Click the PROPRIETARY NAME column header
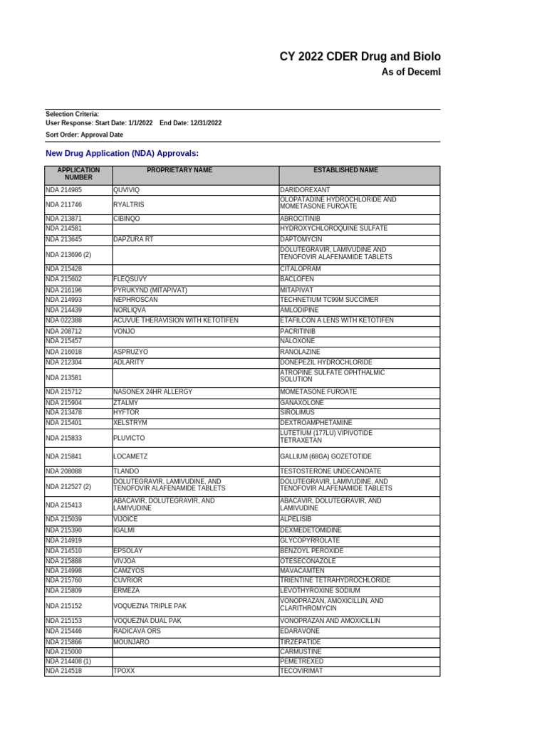(x=179, y=171)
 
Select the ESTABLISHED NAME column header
(x=346, y=171)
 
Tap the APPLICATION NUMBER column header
(x=78, y=174)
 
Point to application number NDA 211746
(x=64, y=204)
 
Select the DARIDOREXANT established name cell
(x=305, y=190)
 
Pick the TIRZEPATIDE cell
(x=301, y=642)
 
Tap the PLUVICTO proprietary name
(x=130, y=439)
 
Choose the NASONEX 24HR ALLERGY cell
(x=152, y=392)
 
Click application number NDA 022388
(x=64, y=321)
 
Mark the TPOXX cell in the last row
(x=124, y=671)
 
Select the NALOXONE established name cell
(x=298, y=342)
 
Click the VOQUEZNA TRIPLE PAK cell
(x=150, y=607)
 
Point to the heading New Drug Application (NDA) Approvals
(x=122, y=153)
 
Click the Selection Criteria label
(x=72, y=114)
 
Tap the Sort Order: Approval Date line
(x=84, y=135)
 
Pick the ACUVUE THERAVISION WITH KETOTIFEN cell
(x=176, y=321)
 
